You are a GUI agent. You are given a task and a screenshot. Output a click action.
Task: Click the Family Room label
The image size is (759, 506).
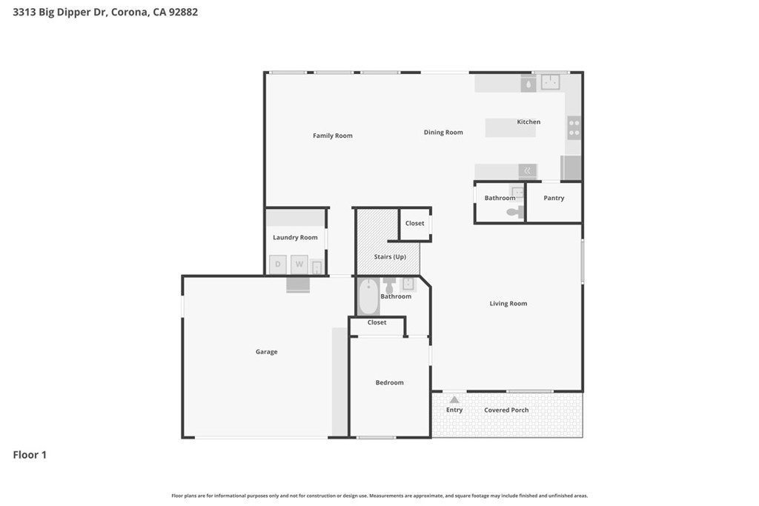point(332,136)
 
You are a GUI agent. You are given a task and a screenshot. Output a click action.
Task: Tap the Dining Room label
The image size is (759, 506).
point(443,133)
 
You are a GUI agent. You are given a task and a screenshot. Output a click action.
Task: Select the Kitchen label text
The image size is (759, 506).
point(528,121)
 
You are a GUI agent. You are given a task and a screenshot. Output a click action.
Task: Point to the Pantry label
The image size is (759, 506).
point(554,198)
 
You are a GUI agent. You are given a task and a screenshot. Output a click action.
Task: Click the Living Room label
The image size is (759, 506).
point(508,304)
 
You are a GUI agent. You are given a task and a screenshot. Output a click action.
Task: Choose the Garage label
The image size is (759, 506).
point(266,352)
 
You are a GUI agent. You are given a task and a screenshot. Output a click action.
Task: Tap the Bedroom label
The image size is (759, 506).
point(389,382)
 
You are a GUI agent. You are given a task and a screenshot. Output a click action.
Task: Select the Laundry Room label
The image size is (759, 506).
point(295,238)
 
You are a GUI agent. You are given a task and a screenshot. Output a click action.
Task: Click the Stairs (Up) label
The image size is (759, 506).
point(389,257)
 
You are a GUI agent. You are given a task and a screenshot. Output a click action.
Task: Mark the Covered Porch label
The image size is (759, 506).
point(506,410)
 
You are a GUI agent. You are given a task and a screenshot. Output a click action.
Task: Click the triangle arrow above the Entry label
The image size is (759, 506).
point(454,399)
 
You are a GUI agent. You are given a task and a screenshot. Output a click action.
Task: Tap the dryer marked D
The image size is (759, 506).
point(278,264)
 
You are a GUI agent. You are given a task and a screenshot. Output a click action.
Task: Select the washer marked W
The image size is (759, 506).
point(299,264)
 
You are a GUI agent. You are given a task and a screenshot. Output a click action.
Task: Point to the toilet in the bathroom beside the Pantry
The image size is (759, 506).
point(514,212)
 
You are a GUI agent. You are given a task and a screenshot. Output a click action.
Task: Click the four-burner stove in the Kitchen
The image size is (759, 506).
point(574,128)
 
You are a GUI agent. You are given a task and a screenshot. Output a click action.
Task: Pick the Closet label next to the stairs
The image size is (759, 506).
point(415,223)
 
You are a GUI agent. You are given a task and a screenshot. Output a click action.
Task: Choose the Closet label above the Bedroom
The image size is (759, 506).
point(377,322)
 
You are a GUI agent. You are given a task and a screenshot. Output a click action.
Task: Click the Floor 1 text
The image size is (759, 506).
point(30,455)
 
